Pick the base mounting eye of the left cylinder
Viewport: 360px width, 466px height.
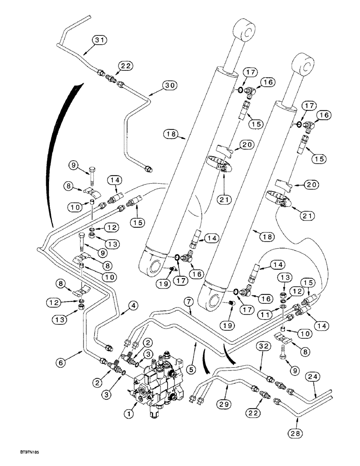tap(154, 268)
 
